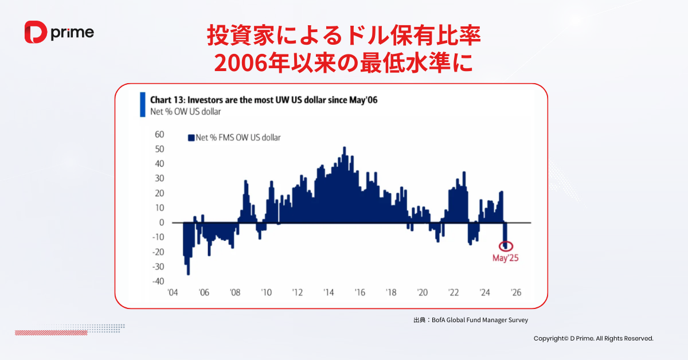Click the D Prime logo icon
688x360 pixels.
click(x=36, y=32)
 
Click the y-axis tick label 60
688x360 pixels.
click(x=159, y=134)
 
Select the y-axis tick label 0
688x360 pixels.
click(x=162, y=222)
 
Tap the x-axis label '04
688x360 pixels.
click(x=172, y=292)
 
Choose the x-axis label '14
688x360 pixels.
click(x=329, y=292)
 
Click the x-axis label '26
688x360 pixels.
click(x=515, y=292)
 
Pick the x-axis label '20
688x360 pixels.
click(x=422, y=292)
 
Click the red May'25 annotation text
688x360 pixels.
click(x=506, y=258)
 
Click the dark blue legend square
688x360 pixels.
click(x=191, y=138)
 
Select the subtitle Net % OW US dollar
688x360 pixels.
click(x=185, y=111)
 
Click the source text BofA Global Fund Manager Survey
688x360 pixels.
click(x=482, y=320)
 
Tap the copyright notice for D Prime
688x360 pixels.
click(x=593, y=339)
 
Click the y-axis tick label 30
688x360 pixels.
click(x=159, y=178)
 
